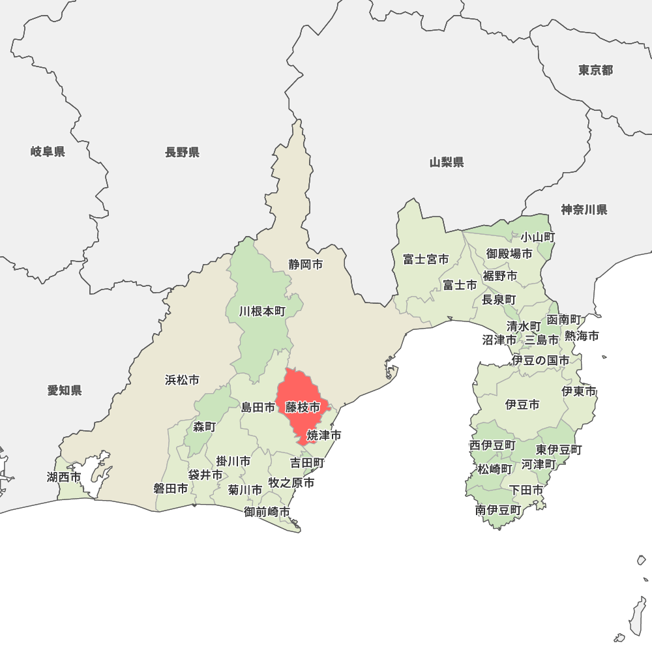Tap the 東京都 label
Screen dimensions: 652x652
(595, 70)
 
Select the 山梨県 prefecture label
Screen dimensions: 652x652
(447, 162)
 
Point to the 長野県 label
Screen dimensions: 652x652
(182, 153)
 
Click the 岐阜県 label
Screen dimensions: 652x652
(48, 152)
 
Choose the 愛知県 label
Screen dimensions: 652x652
(65, 391)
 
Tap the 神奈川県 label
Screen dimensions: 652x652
(584, 210)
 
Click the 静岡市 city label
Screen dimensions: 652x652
(306, 265)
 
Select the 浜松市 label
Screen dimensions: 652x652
(182, 380)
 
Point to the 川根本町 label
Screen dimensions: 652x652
(262, 312)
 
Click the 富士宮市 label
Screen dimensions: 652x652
(425, 259)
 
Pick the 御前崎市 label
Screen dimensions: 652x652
(267, 512)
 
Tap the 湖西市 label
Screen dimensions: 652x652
(64, 477)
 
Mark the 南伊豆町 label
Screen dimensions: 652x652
(497, 510)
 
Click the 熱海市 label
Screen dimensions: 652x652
(582, 336)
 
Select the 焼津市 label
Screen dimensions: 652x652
(324, 435)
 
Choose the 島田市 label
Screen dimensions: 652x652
(258, 407)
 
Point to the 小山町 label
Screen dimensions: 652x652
(537, 237)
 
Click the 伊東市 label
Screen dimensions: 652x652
(579, 392)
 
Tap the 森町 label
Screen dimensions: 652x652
(204, 427)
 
